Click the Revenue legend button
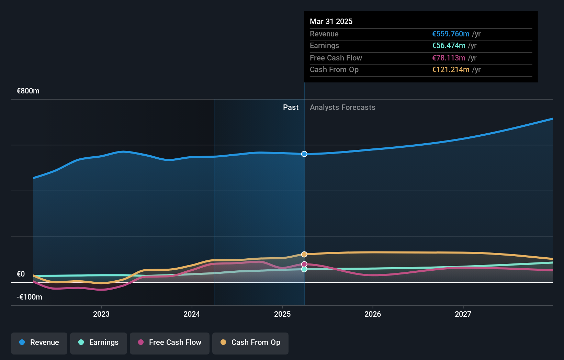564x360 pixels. point(39,342)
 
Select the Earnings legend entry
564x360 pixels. point(99,342)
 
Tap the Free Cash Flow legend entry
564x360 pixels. point(170,342)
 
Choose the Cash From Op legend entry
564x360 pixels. point(250,342)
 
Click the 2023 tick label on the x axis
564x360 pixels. point(101,314)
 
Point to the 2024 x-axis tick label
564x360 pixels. point(192,314)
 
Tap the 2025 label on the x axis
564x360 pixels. point(282,314)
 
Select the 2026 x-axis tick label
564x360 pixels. point(373,314)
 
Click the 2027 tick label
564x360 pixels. point(463,314)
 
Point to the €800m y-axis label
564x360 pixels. point(28,91)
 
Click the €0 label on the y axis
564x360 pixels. point(21,274)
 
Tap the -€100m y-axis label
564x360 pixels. point(29,297)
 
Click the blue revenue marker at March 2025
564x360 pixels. point(304,154)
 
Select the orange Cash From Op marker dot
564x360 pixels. point(304,254)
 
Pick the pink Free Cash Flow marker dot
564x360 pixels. point(304,264)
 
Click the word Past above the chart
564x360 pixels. point(291,108)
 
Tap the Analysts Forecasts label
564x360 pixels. point(342,108)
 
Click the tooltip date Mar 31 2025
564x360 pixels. point(331,21)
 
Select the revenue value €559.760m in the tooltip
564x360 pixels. point(451,34)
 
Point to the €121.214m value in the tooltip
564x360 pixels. point(451,70)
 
